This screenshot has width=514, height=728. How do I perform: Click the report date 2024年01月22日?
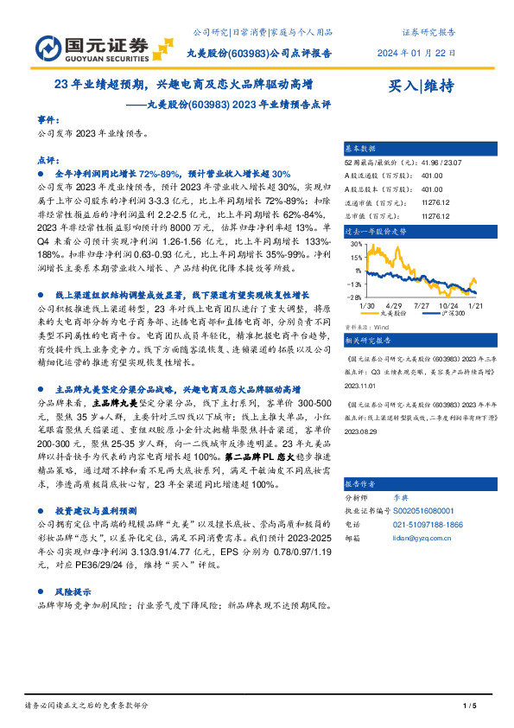[416, 53]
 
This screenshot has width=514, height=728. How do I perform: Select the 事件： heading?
[49, 119]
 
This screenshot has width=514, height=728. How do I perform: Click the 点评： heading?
[49, 160]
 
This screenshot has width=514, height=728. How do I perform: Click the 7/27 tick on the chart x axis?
[422, 305]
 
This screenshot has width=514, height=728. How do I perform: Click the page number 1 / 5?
[470, 707]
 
